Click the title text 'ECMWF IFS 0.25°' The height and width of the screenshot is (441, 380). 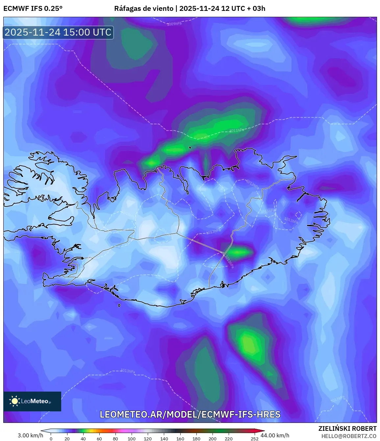pyautogui.click(x=33, y=9)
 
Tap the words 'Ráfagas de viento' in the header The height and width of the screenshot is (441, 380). pyautogui.click(x=143, y=9)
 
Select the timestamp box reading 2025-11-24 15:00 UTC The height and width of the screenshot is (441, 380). pyautogui.click(x=58, y=33)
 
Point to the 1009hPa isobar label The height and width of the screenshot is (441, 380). pyautogui.click(x=174, y=24)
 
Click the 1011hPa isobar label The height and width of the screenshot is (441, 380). pyautogui.click(x=237, y=130)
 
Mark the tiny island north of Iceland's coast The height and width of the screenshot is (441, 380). pyautogui.click(x=190, y=148)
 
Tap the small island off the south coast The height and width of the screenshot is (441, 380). pyautogui.click(x=119, y=306)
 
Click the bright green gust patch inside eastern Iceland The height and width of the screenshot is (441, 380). pyautogui.click(x=239, y=253)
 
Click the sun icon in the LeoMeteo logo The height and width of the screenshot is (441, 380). pyautogui.click(x=14, y=401)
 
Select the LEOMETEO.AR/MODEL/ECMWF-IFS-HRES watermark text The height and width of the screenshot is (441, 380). pyautogui.click(x=190, y=414)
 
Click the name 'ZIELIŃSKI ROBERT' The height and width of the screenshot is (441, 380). pyautogui.click(x=347, y=428)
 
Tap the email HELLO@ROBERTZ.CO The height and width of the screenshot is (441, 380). pyautogui.click(x=349, y=436)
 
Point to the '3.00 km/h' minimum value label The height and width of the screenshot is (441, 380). pyautogui.click(x=30, y=435)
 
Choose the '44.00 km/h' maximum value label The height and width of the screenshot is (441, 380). pyautogui.click(x=275, y=435)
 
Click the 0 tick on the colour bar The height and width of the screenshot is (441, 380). pyautogui.click(x=51, y=439)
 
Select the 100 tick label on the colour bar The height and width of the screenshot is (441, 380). pyautogui.click(x=132, y=439)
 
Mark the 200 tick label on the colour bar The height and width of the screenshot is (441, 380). pyautogui.click(x=213, y=439)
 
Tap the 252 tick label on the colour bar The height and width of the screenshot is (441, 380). pyautogui.click(x=254, y=439)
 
